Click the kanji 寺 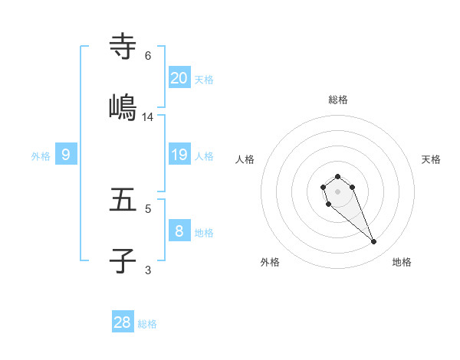pos(123,47)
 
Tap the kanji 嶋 pos(123,107)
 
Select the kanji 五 pos(123,200)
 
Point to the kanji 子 pos(123,261)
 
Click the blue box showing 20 pos(179,77)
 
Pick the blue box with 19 pos(179,155)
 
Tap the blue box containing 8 pos(179,231)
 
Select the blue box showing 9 pos(66,155)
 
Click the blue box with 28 pos(123,322)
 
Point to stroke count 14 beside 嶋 pos(148,117)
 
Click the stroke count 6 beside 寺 pos(148,56)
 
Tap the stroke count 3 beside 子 pos(148,270)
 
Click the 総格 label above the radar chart pos(338,100)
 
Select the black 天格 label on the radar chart pos(432,159)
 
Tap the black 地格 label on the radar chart pos(402,262)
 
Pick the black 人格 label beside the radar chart pos(245,159)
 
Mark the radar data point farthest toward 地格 pos(374,242)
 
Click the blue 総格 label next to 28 pos(147,324)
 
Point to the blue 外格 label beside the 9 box pos(41,156)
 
